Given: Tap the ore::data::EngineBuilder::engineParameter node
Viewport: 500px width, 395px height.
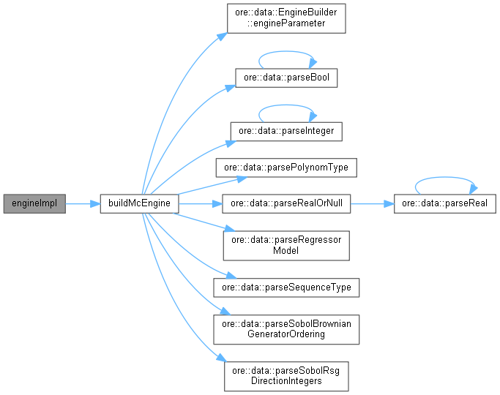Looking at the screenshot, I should coord(286,18).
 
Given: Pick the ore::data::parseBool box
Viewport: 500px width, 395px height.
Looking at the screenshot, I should coord(286,77).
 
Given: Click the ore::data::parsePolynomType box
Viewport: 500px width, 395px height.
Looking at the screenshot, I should coord(286,168).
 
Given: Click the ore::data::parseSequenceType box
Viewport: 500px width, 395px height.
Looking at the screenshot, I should coord(286,287).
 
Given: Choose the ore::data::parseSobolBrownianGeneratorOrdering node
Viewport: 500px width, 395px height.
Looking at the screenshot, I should coord(286,329).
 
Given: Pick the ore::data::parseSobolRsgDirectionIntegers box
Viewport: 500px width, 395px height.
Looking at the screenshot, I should coord(286,376).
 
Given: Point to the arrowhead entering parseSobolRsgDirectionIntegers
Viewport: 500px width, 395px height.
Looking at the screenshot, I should coord(219,358).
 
